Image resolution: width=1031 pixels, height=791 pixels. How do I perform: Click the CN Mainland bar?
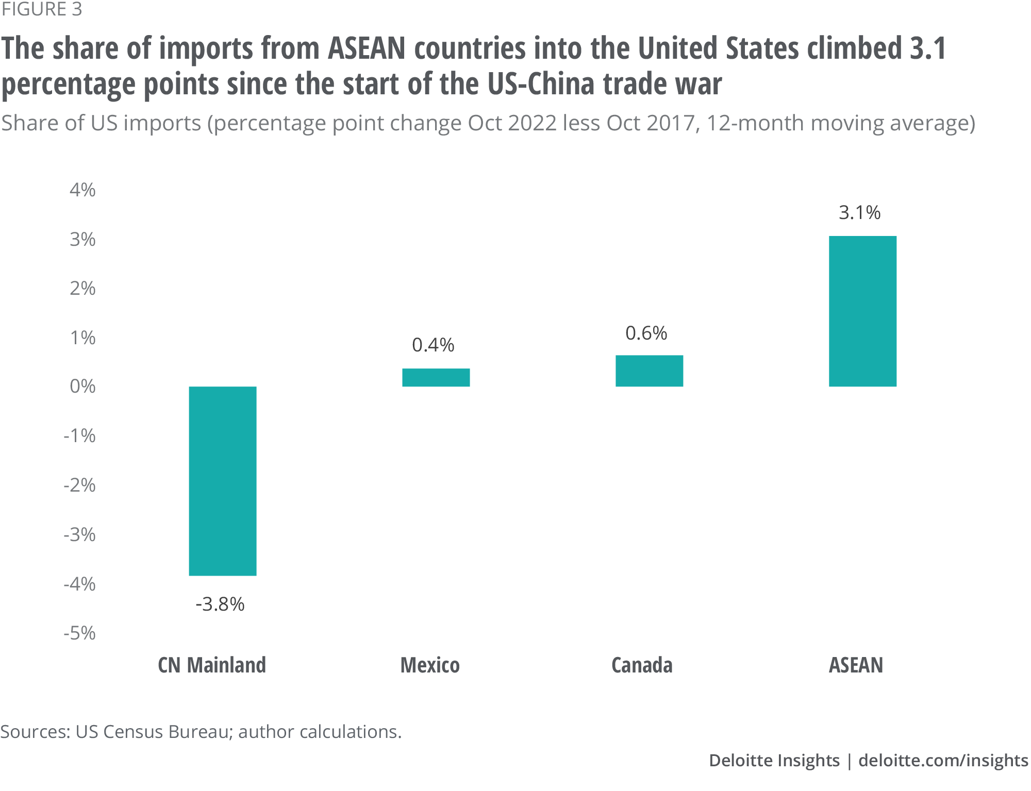223,481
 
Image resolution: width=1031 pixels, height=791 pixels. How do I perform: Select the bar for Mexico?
436,377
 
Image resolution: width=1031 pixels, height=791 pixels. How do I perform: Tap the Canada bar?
649,371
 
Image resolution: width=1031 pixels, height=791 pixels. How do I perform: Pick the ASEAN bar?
862,311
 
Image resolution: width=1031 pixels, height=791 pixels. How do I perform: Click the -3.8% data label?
220,604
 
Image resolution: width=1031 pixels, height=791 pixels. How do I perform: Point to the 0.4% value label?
433,345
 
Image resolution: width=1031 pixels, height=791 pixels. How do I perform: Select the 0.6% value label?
646,333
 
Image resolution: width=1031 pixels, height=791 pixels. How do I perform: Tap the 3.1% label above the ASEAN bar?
859,212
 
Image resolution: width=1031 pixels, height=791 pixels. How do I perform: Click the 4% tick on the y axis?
82,190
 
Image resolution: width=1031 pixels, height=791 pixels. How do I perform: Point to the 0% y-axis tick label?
82,386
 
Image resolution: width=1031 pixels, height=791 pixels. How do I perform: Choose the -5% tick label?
79,633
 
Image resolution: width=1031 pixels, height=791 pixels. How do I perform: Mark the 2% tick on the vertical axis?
82,289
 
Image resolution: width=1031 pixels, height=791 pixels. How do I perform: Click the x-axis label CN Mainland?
212,665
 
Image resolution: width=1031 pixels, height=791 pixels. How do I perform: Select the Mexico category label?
430,665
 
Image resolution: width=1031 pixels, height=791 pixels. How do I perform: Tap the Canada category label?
642,665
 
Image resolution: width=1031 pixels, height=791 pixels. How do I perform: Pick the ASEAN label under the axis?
856,665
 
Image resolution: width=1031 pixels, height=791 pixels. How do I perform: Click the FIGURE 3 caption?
41,10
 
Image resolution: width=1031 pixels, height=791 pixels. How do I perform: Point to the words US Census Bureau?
152,732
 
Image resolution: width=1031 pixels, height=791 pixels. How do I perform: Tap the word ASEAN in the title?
367,48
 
